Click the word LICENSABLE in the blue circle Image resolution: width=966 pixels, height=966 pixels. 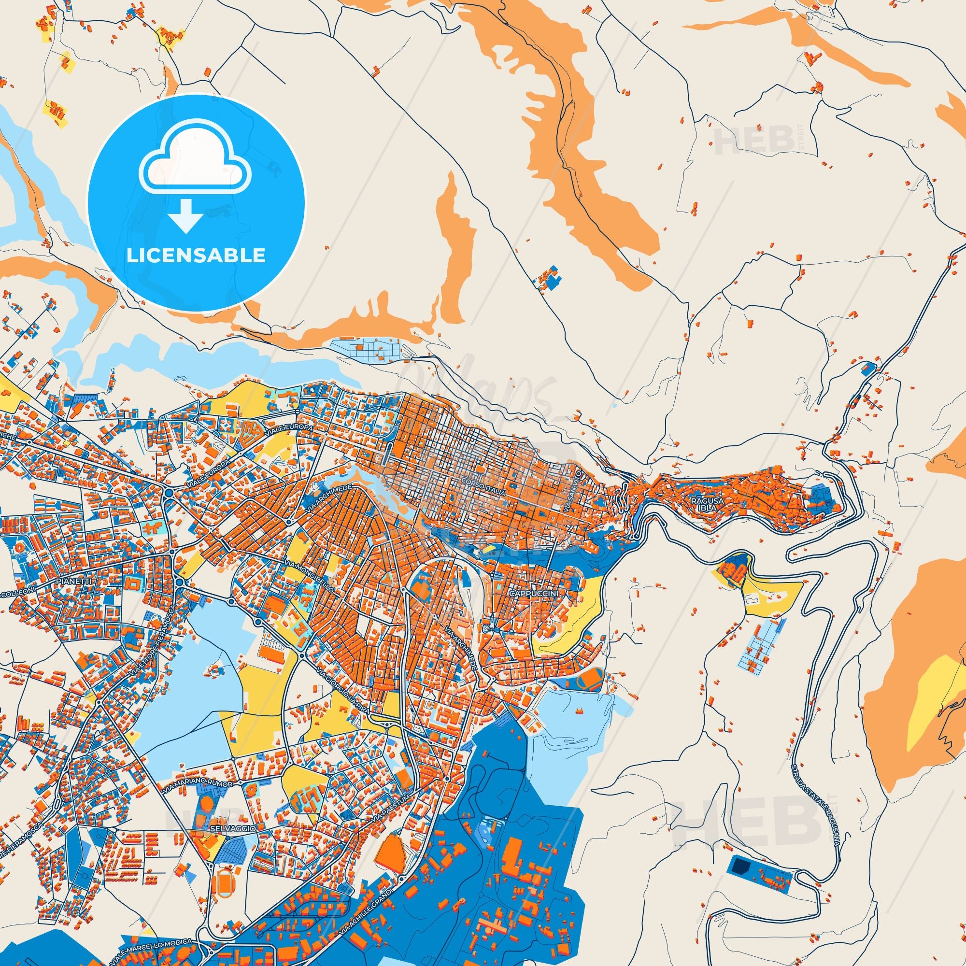[x=196, y=256]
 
